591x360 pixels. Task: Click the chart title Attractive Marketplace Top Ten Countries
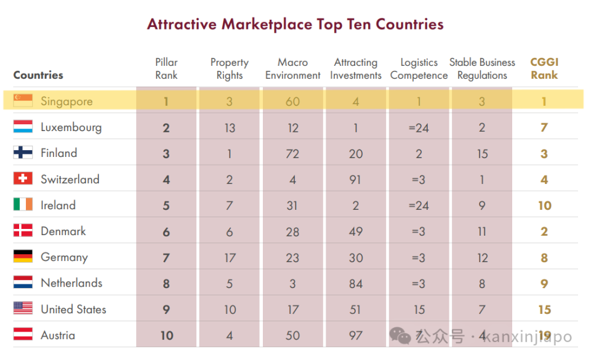[295, 25]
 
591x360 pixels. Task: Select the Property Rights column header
[230, 69]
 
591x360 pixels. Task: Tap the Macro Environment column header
[293, 69]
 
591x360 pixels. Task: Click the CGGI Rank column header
[544, 69]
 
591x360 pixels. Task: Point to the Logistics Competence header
[419, 69]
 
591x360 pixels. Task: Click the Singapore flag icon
[23, 101]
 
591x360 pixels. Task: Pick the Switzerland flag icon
[23, 179]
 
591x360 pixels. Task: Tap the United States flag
[23, 309]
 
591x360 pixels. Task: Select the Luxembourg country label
[71, 127]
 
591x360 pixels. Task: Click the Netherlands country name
[71, 283]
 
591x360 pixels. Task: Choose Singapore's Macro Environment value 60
[293, 102]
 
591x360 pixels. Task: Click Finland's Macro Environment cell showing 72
[293, 154]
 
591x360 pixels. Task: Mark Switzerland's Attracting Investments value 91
[356, 180]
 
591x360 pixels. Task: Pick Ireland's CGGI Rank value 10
[545, 206]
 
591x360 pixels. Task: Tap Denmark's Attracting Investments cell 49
[356, 232]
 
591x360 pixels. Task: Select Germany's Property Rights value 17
[230, 258]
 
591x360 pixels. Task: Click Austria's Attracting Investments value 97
[356, 335]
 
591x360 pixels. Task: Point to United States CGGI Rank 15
[545, 310]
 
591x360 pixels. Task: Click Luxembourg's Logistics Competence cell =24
[419, 128]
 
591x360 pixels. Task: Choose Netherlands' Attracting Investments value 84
[356, 284]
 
